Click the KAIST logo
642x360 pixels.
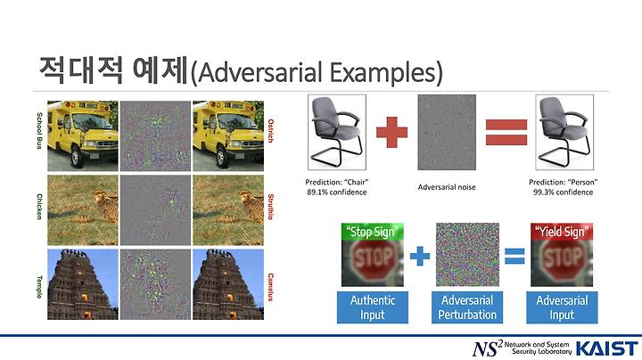pos(607,349)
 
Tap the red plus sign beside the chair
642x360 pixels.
pos(391,132)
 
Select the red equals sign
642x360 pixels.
pos(506,132)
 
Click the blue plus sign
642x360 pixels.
pos(420,256)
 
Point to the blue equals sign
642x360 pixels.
pos(514,256)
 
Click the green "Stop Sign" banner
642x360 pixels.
pos(373,232)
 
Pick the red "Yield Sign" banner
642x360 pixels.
pos(562,232)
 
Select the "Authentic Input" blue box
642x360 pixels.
pos(373,307)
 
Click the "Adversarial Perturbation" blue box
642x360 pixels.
pos(467,307)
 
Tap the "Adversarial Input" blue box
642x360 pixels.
pos(562,307)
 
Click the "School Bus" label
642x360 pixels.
pos(39,130)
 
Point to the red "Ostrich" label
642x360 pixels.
pos(270,131)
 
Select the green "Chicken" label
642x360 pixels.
pos(39,207)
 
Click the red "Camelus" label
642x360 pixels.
pos(270,287)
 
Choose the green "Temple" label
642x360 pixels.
pos(39,287)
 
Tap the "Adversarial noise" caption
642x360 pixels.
pos(447,187)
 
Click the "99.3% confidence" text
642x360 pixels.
pos(563,192)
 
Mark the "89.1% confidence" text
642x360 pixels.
pos(336,192)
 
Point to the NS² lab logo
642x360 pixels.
pos(522,348)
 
